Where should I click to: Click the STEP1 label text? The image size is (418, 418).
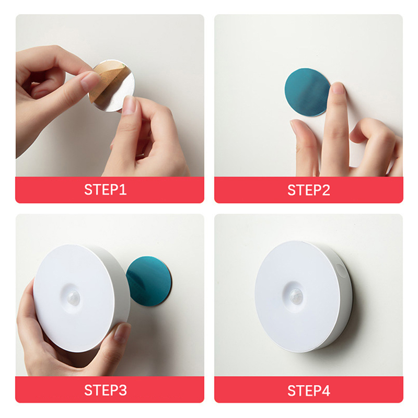[106, 190]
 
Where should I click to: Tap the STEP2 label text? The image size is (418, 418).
[309, 190]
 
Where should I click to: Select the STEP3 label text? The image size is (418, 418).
[106, 390]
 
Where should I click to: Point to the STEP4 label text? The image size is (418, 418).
[309, 390]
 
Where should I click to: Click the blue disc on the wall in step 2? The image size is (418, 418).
[307, 92]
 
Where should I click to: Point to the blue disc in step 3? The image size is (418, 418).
[149, 281]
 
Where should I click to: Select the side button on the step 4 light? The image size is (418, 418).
[340, 270]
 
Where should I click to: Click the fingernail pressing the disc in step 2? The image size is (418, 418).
[338, 88]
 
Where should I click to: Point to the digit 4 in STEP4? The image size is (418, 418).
[326, 390]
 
